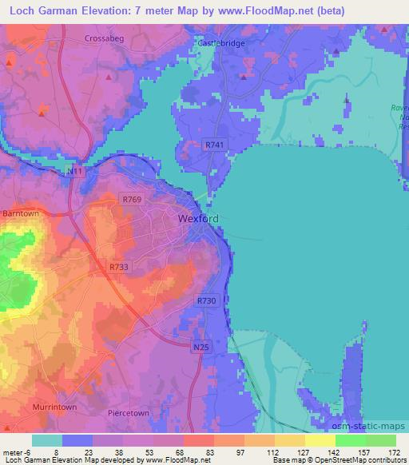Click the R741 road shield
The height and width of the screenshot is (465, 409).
click(214, 145)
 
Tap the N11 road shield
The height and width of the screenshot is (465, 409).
click(75, 171)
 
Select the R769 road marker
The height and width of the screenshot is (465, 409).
click(130, 197)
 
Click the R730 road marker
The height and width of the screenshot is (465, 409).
click(207, 300)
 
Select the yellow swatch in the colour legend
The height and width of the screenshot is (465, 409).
click(320, 440)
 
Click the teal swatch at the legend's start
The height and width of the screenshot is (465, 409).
click(47, 440)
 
